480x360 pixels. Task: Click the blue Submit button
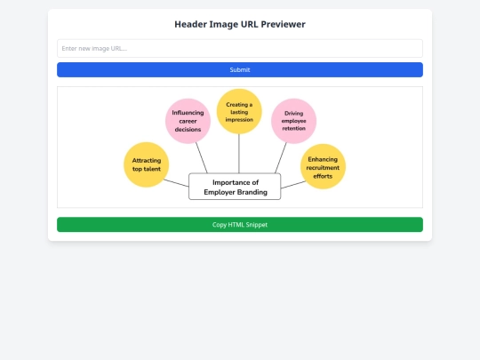[x=240, y=69]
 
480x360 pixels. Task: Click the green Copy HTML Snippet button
[x=240, y=225]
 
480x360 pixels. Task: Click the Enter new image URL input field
[x=240, y=48]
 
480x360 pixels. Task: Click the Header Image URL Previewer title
[x=240, y=24]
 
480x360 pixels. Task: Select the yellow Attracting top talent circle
[x=146, y=164]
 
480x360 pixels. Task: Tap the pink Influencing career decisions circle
[x=188, y=121]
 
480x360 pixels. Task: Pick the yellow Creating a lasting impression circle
[x=239, y=111]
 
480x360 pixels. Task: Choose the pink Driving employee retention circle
[x=293, y=121]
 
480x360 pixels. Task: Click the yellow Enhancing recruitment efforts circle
[x=323, y=166]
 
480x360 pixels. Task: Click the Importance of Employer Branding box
[x=235, y=187]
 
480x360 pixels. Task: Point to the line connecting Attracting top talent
[x=176, y=182]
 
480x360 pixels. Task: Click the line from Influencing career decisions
[x=202, y=158]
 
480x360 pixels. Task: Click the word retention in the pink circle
[x=293, y=129]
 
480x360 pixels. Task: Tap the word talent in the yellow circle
[x=152, y=168]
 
